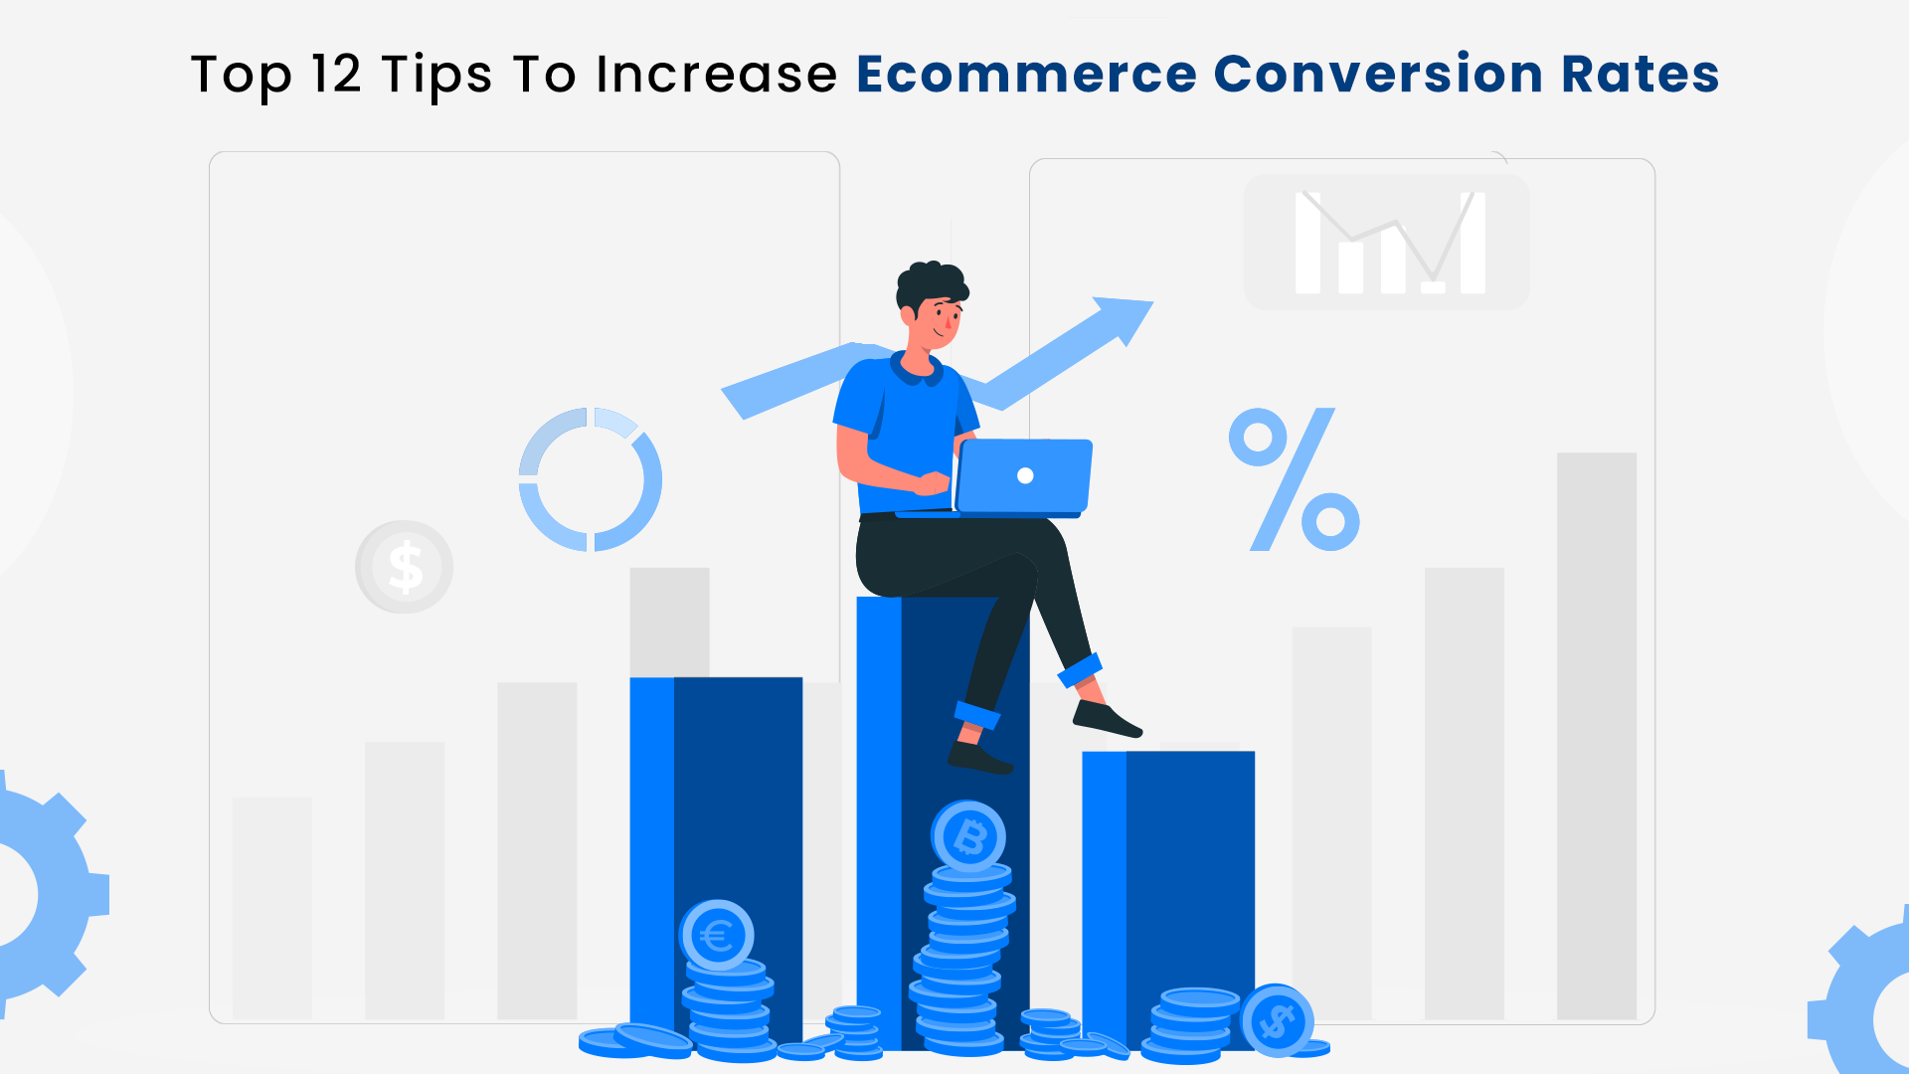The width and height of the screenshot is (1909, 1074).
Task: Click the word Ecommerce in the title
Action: pyautogui.click(x=1026, y=75)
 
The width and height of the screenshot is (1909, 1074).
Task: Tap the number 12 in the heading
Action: pyautogui.click(x=336, y=75)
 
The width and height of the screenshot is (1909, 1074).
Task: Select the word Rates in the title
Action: pyautogui.click(x=1640, y=75)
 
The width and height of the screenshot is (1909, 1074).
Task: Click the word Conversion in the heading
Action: pyautogui.click(x=1378, y=75)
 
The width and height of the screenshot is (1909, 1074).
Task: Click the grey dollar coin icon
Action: pyautogui.click(x=404, y=567)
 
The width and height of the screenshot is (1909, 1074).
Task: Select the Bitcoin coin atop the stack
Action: pyautogui.click(x=968, y=837)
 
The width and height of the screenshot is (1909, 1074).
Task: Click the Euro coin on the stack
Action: pyautogui.click(x=716, y=936)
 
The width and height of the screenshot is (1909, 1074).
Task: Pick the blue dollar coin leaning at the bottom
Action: pyautogui.click(x=1278, y=1020)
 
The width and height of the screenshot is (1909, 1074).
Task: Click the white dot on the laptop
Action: pyautogui.click(x=1025, y=475)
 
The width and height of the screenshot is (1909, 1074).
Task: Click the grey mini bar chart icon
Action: pyautogui.click(x=1387, y=242)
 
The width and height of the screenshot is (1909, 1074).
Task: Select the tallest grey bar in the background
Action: pyautogui.click(x=1597, y=736)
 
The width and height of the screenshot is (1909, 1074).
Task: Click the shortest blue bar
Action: pyautogui.click(x=1168, y=895)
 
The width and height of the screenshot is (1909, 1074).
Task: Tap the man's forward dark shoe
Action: pyautogui.click(x=1107, y=719)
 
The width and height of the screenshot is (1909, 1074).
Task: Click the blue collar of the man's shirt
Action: pyautogui.click(x=916, y=370)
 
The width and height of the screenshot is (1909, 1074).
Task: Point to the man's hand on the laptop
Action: pyautogui.click(x=932, y=483)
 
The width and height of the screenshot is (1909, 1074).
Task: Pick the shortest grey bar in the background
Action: pyautogui.click(x=272, y=908)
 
